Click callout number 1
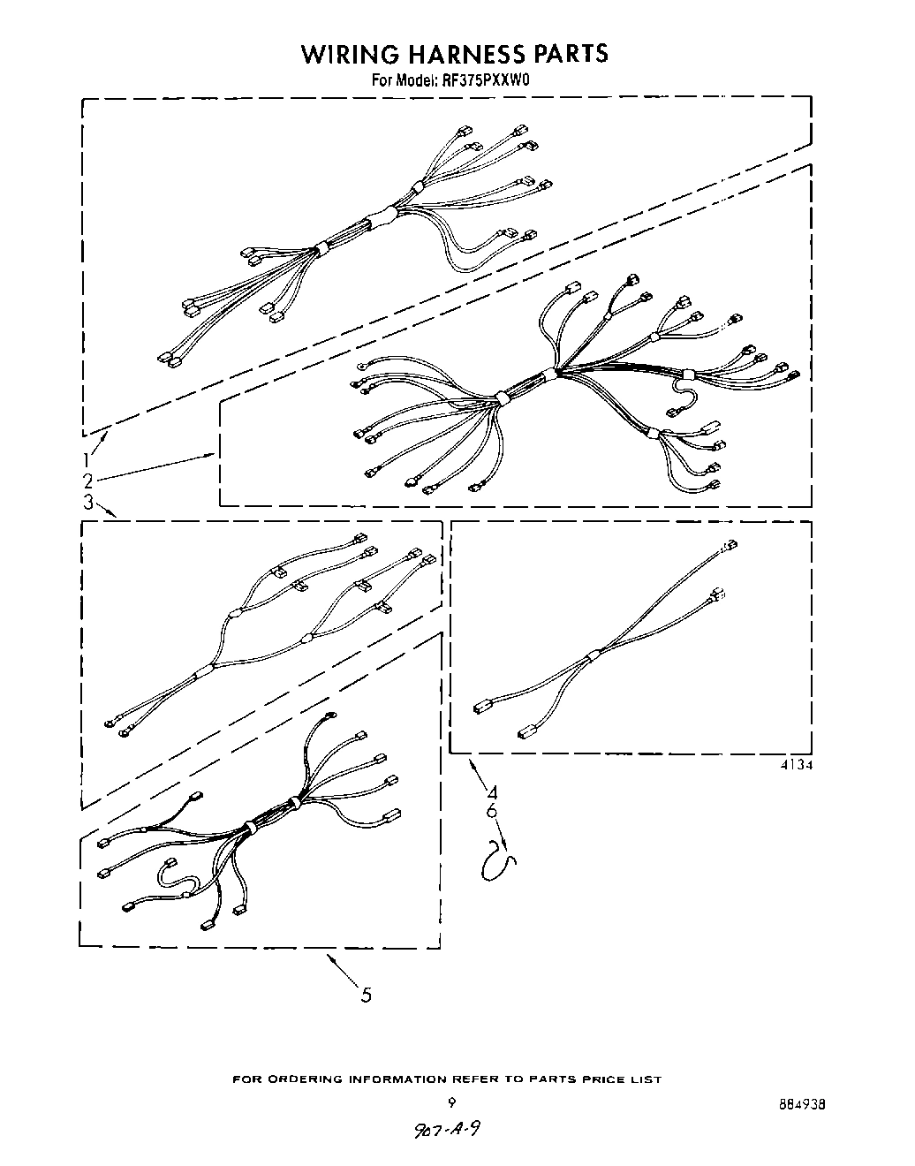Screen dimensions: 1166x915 [88, 459]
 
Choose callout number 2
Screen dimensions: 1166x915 [88, 481]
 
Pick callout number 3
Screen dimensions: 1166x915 [88, 503]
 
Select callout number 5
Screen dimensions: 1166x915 [366, 996]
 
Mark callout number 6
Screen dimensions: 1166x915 [492, 811]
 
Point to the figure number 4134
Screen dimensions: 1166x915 [795, 766]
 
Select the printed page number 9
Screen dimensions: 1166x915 [451, 1102]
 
